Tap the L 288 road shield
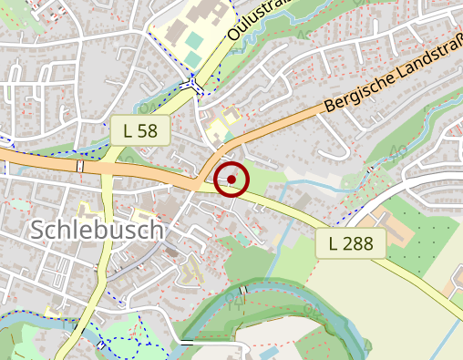352,243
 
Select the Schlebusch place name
97,230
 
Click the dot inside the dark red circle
231,180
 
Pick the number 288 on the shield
360,243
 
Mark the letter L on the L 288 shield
334,243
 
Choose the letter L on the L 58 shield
128,130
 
